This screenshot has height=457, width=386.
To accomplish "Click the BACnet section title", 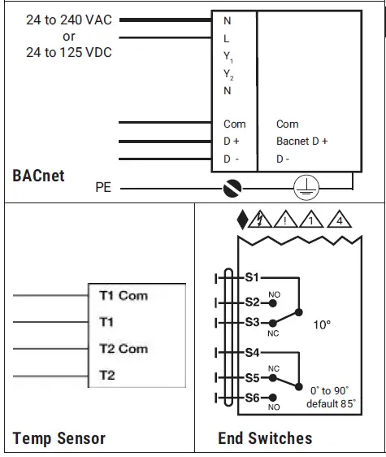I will click(x=38, y=175).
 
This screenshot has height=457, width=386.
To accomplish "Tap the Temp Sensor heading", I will click(x=59, y=438).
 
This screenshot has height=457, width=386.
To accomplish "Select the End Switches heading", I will click(x=265, y=438).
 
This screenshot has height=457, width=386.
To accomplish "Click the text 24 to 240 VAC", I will click(x=68, y=20).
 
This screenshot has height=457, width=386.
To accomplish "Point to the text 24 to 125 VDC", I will click(x=68, y=53).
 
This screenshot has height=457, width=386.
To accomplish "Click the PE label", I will click(x=103, y=189).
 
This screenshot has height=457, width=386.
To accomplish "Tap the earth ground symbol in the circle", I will click(x=306, y=189).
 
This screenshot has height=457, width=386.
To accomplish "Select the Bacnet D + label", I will click(x=301, y=141).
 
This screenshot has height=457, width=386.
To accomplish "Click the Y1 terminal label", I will click(x=229, y=57).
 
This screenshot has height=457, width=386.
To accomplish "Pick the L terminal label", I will click(x=227, y=38).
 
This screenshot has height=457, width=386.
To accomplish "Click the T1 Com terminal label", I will click(x=123, y=296).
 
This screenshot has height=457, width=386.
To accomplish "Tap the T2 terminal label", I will click(x=107, y=375).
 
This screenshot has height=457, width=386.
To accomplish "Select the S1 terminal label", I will click(x=253, y=277).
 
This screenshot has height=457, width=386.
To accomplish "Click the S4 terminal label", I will click(x=253, y=353).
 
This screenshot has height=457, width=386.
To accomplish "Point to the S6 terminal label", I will click(x=253, y=398).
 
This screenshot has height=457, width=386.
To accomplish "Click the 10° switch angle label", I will click(x=322, y=324).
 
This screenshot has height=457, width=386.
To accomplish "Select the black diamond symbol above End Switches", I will click(x=241, y=219).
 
